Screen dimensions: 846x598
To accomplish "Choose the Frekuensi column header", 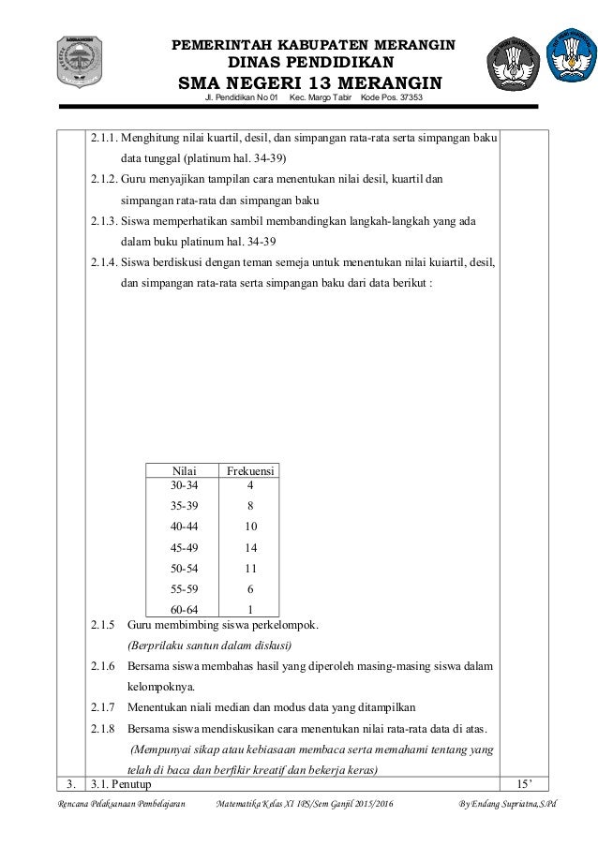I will pyautogui.click(x=250, y=469).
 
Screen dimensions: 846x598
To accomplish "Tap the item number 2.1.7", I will pyautogui.click(x=103, y=708).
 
